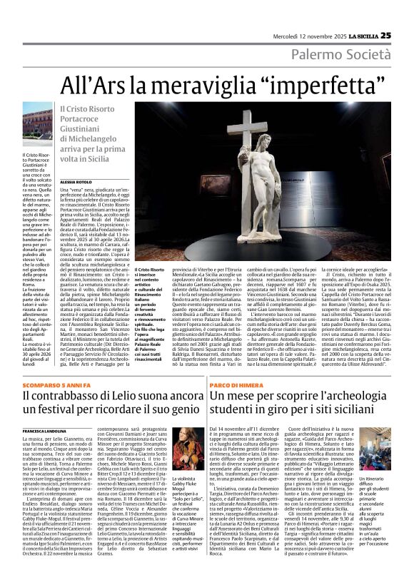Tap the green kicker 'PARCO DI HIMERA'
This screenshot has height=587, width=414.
click(231, 384)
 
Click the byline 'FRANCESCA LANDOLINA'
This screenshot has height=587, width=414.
click(47, 432)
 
